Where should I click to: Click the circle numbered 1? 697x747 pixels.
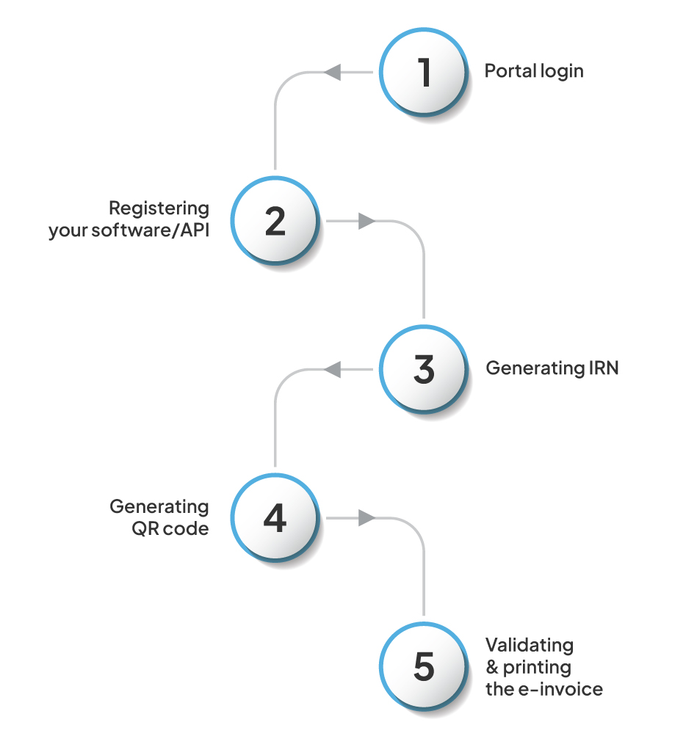(423, 73)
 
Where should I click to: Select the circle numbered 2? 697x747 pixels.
(275, 222)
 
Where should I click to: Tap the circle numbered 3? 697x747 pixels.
(423, 370)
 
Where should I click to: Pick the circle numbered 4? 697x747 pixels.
(275, 519)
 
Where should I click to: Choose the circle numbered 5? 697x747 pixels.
(423, 667)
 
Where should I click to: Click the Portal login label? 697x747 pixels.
(534, 71)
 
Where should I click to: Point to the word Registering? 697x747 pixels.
(159, 208)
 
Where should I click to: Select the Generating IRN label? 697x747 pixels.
(552, 368)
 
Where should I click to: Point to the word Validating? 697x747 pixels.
(530, 645)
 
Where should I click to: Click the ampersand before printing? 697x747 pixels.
(492, 668)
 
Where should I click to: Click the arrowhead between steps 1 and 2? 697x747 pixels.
(332, 72)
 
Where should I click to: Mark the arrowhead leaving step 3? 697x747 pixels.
(332, 370)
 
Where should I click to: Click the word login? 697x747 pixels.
(562, 71)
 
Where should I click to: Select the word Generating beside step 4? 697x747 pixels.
(159, 506)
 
